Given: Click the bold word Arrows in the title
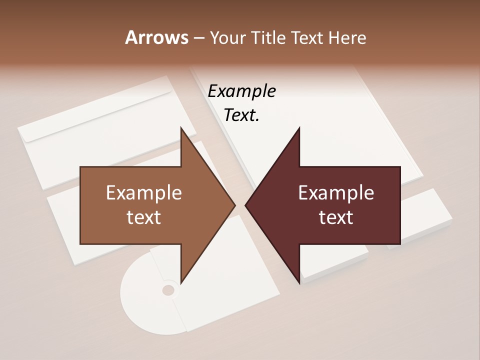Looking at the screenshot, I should point(155,37).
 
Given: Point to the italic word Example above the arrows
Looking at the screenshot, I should point(241,91).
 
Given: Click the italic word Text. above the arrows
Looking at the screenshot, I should point(241,115).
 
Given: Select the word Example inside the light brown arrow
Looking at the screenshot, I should point(144,193).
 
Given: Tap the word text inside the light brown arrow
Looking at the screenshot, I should point(144,217).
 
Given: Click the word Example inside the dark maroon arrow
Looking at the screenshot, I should point(336,193).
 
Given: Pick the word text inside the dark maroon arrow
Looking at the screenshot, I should point(336,217).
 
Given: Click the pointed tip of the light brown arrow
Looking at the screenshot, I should point(234,205).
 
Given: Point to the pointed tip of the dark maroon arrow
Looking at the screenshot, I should point(246,205).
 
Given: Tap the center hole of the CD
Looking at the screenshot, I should point(168,290).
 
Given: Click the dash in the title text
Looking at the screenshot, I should point(198,38).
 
